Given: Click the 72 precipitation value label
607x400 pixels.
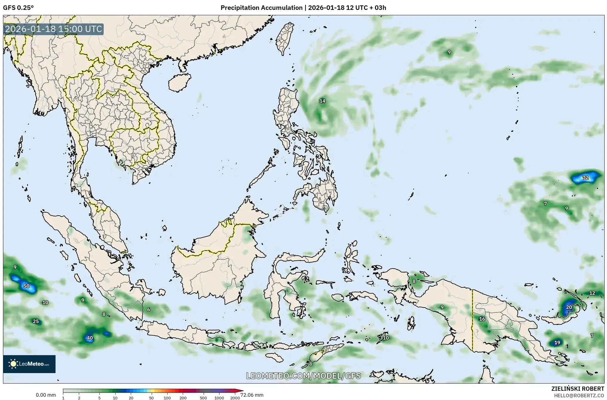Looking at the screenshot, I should [585, 178].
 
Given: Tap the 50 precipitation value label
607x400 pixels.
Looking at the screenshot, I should [26, 286].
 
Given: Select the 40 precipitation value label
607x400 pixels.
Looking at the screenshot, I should [90, 338].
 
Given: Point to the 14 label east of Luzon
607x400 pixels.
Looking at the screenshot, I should [322, 101].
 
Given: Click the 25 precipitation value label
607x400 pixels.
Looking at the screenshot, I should [36, 321].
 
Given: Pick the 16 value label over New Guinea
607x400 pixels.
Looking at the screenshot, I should [482, 319].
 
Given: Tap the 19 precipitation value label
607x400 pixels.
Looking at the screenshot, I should [557, 343].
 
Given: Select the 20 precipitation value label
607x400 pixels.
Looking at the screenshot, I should [569, 307].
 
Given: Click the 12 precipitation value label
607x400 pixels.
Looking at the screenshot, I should [592, 293].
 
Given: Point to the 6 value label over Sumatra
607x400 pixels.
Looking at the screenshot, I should [149, 310].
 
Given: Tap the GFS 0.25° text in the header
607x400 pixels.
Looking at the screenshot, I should [18, 8].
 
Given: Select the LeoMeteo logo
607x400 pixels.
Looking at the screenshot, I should [29, 364].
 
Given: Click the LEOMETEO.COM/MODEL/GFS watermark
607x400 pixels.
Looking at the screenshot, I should [303, 376].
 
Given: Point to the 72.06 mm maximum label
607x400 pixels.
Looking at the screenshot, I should [252, 395].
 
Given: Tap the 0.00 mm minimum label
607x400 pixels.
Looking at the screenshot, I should [46, 395].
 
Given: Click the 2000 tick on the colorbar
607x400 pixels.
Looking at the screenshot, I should [235, 398].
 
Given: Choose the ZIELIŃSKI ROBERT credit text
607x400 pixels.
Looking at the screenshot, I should [577, 389].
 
